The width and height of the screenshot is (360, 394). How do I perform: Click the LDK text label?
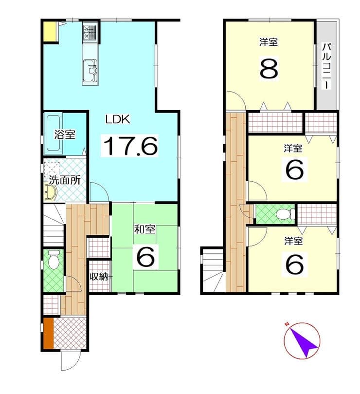118,119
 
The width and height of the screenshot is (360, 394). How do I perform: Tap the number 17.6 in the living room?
130,146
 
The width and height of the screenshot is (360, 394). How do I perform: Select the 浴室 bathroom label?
65,135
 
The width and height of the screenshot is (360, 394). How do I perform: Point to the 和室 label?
144,229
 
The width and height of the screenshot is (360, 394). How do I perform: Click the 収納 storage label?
99,277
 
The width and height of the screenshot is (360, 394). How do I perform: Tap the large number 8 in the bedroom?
269,69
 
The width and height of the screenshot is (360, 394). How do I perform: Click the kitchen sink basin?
90,70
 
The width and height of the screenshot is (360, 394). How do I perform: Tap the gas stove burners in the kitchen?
90,32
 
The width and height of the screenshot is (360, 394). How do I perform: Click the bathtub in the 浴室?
54,133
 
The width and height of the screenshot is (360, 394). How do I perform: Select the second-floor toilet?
285,214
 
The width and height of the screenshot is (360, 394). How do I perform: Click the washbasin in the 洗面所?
51,193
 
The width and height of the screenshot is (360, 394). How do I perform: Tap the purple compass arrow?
303,342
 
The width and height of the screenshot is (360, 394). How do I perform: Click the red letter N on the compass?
287,324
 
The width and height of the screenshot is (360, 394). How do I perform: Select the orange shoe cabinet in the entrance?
49,333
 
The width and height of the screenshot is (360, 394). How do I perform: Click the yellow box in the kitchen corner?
50,32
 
